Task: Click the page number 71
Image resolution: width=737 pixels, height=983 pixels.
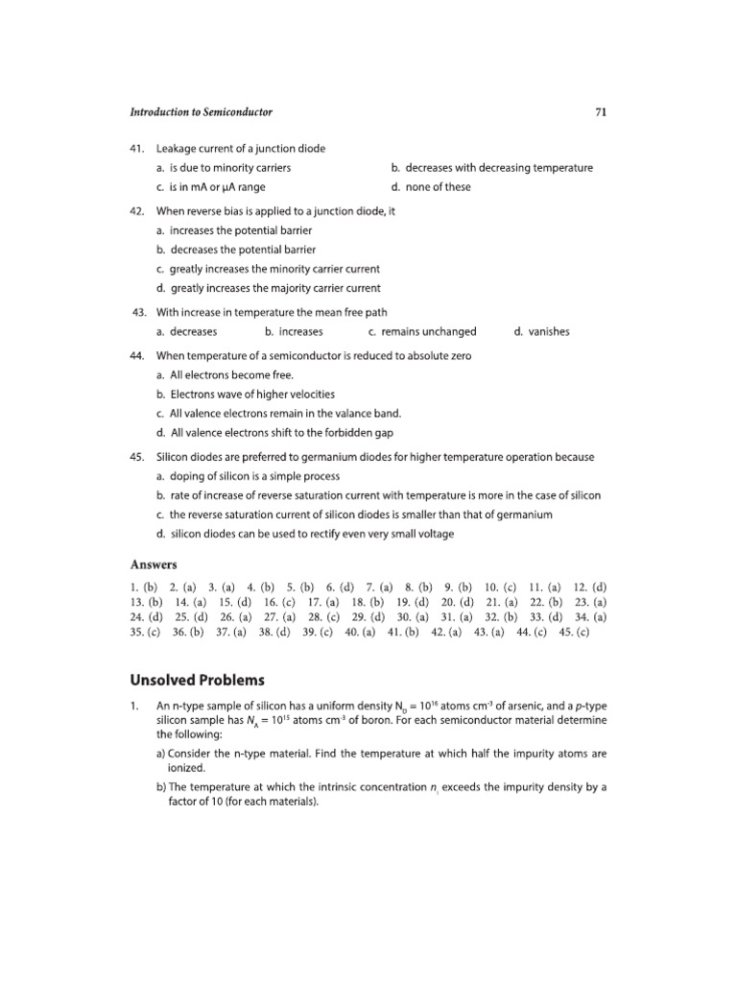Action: click(x=600, y=112)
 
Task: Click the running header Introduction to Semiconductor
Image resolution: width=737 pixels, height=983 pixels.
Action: click(x=202, y=112)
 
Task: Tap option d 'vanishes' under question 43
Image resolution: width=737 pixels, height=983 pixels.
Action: click(x=542, y=332)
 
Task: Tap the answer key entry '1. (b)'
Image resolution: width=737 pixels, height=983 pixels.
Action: click(x=144, y=587)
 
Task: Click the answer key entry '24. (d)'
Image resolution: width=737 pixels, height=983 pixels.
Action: click(x=146, y=618)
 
